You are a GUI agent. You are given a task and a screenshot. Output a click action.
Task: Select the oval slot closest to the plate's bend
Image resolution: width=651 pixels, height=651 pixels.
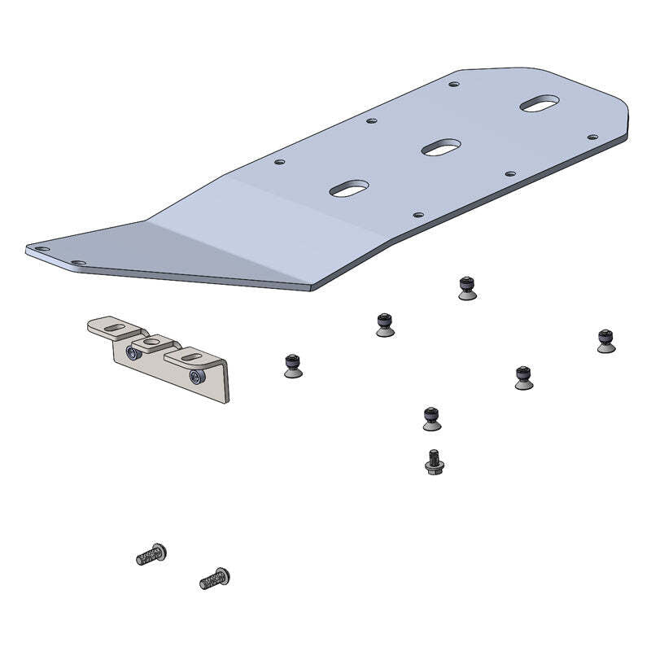[x=349, y=189]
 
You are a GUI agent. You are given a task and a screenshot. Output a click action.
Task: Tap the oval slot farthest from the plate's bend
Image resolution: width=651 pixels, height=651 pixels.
[x=540, y=104]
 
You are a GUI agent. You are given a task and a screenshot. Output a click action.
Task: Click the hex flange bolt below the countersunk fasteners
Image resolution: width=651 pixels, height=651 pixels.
[x=434, y=462]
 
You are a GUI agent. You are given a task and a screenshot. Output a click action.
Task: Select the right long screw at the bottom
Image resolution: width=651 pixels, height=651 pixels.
[x=215, y=579]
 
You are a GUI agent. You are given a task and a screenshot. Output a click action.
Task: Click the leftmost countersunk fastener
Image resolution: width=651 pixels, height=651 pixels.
[x=294, y=365]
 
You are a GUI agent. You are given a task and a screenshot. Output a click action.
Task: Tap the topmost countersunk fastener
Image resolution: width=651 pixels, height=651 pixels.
[x=466, y=288]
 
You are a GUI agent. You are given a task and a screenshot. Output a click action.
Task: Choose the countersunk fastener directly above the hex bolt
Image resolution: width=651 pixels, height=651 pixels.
[x=432, y=418]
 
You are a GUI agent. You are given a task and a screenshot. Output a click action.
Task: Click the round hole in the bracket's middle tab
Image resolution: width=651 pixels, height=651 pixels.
[x=151, y=343]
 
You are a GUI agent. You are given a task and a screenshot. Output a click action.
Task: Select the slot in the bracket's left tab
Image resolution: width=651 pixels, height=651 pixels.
[x=117, y=328]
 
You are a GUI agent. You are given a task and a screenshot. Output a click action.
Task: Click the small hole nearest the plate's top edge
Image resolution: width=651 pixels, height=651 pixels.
[x=453, y=82]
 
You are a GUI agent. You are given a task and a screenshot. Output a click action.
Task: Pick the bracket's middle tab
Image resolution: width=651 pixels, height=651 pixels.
[x=153, y=344]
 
